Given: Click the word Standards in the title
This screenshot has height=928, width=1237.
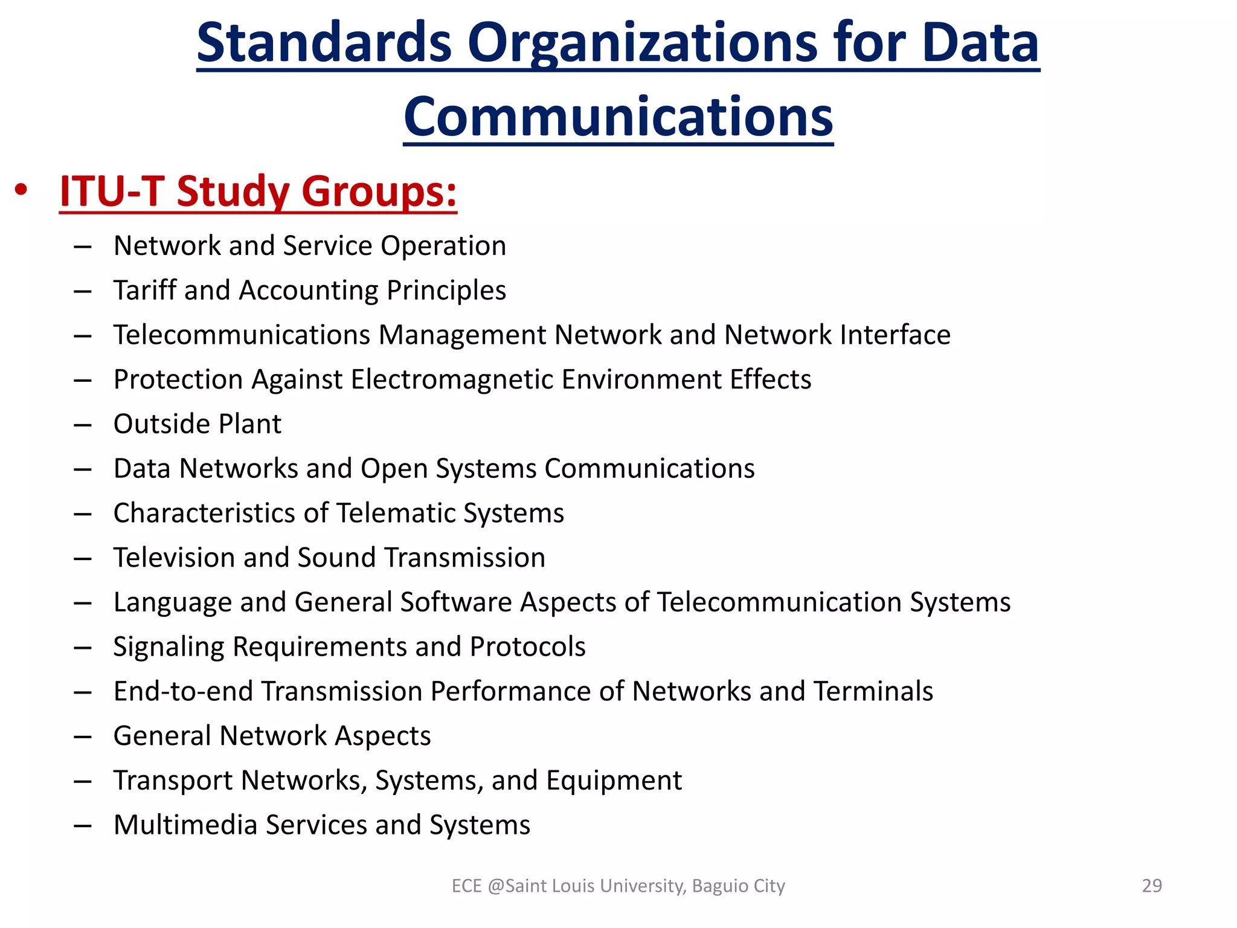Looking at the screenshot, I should click(324, 43).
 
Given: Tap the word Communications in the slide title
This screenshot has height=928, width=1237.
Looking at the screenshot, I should click(618, 117).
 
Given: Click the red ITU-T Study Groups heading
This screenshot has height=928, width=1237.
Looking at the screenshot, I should click(258, 192).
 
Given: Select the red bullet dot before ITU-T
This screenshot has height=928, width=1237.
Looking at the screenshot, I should click(22, 190).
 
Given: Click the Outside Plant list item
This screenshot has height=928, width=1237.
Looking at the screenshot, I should click(197, 424).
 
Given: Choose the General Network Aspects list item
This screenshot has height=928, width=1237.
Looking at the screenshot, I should click(272, 736).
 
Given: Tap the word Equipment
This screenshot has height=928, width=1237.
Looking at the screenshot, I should click(614, 781).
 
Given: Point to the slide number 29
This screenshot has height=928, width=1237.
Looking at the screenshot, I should click(1152, 886).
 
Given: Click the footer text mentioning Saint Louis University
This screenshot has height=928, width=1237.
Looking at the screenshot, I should click(618, 886).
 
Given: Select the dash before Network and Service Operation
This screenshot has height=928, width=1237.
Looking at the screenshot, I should click(83, 246).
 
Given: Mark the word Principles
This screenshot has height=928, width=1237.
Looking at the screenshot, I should click(446, 291).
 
